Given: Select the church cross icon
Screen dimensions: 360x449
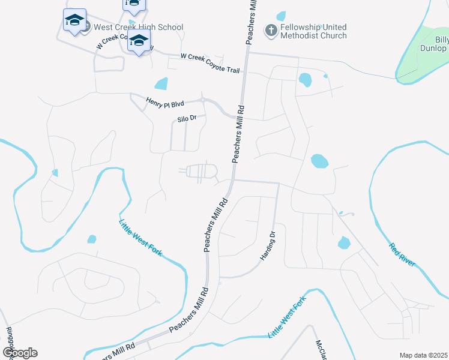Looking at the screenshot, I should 271,29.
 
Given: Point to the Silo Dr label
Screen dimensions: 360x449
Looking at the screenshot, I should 187,119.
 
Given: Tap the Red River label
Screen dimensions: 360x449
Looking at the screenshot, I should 402,255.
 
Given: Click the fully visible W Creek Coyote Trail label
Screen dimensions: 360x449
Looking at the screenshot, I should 210,64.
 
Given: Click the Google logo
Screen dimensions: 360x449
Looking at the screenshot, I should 20,352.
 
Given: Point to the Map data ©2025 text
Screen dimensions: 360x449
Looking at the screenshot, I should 423,355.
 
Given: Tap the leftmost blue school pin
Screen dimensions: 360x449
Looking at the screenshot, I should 75,21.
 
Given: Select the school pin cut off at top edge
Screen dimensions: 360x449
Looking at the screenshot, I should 133,5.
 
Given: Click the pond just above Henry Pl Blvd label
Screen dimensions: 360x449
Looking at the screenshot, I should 161,83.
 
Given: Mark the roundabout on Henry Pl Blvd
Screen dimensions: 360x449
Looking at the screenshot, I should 203,99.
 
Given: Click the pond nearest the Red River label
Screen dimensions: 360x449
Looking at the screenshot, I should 343,242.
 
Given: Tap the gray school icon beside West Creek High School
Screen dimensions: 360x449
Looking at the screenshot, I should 85,27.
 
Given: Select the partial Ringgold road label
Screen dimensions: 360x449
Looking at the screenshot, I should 9,340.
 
